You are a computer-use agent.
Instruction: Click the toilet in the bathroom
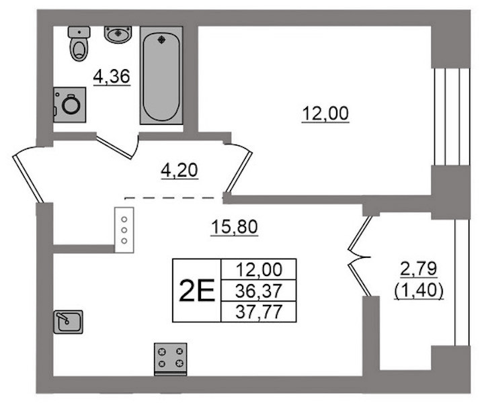click(x=79, y=43)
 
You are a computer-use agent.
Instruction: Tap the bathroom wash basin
click(x=118, y=34)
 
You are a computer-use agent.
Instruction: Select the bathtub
click(x=161, y=75)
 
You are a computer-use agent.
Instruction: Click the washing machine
click(x=69, y=105)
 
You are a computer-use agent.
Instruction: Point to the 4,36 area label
click(x=112, y=77)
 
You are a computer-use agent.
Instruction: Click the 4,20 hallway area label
click(x=179, y=171)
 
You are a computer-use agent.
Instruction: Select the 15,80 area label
click(x=234, y=227)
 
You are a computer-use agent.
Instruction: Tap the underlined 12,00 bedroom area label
click(x=325, y=114)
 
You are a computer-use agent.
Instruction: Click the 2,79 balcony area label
click(x=418, y=269)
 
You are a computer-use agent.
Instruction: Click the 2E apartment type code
click(x=197, y=291)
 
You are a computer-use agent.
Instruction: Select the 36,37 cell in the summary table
click(x=259, y=291)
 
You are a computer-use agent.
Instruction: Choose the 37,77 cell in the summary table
click(x=259, y=312)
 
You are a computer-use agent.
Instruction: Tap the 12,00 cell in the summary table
click(x=259, y=269)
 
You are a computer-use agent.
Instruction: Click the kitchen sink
click(x=69, y=322)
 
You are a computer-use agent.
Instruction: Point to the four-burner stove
click(x=170, y=359)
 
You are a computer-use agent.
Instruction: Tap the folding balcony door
click(x=360, y=257)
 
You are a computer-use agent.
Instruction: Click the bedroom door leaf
click(x=240, y=172)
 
